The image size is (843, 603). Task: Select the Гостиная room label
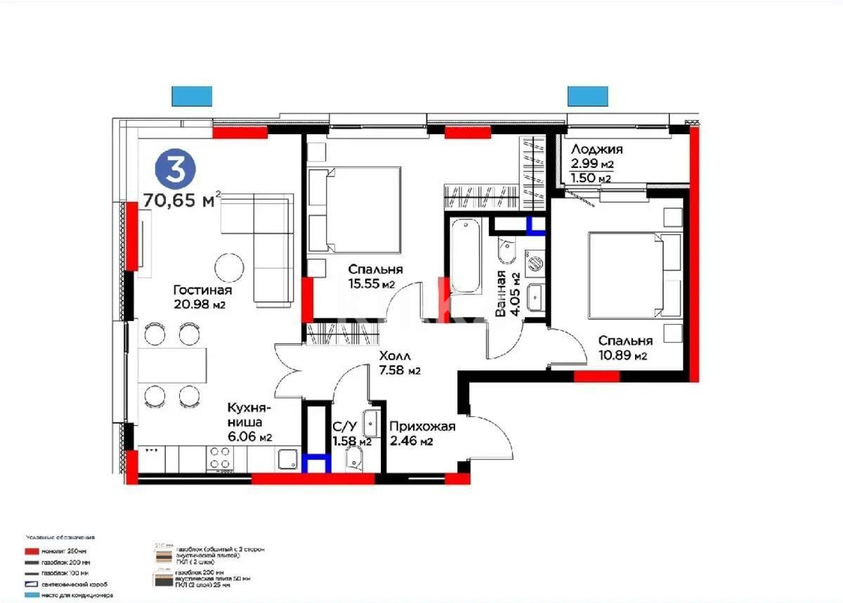pos(203,290)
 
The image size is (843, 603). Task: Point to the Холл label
pos(393,356)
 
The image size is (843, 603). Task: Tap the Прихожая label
pos(422,427)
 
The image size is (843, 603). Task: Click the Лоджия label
pos(596,149)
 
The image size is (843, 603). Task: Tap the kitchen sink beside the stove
pos(288,459)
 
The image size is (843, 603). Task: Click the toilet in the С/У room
pos(354,460)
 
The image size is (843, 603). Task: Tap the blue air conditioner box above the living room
pos(192,96)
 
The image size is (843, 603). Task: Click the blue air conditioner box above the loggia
pos(588,96)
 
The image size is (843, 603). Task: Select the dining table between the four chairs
pos(173,365)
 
